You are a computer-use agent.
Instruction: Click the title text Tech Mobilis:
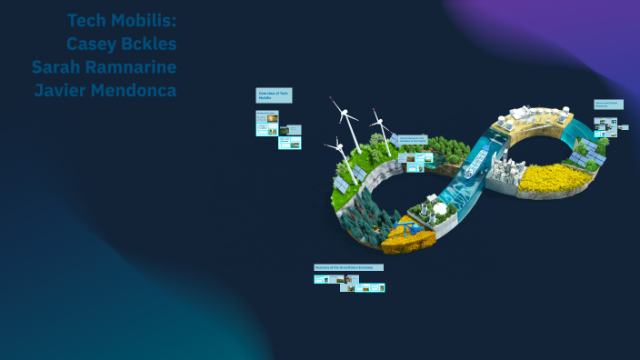point(122,19)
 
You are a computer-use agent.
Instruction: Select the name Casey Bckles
point(122,43)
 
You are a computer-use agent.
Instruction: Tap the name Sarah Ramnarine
point(104,66)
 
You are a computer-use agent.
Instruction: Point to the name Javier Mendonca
point(105,90)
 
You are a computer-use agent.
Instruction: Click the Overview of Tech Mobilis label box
point(274,95)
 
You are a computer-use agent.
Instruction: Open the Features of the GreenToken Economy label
point(348,267)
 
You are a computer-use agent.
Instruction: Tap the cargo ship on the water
point(474,165)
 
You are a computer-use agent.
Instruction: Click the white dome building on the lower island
point(442,208)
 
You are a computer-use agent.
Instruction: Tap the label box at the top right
point(608,105)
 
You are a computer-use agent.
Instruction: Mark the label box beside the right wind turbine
point(412,139)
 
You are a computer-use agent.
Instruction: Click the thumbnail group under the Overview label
point(278,127)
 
